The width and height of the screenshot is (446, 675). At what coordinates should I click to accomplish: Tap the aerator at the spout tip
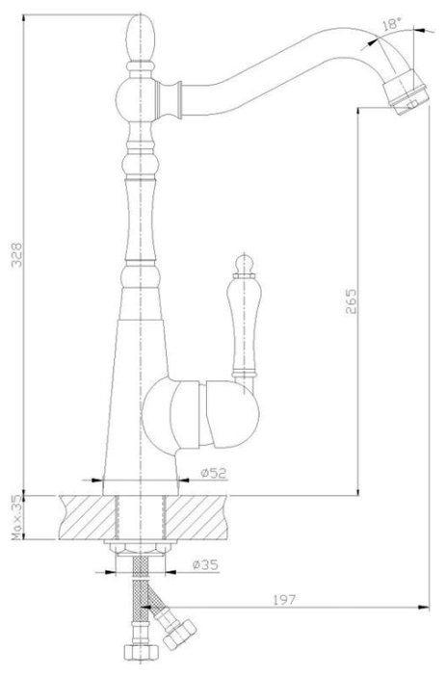tap(402, 96)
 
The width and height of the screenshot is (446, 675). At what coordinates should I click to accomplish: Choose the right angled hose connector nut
tap(179, 636)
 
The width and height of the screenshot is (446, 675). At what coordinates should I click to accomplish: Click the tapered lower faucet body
tap(140, 385)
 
